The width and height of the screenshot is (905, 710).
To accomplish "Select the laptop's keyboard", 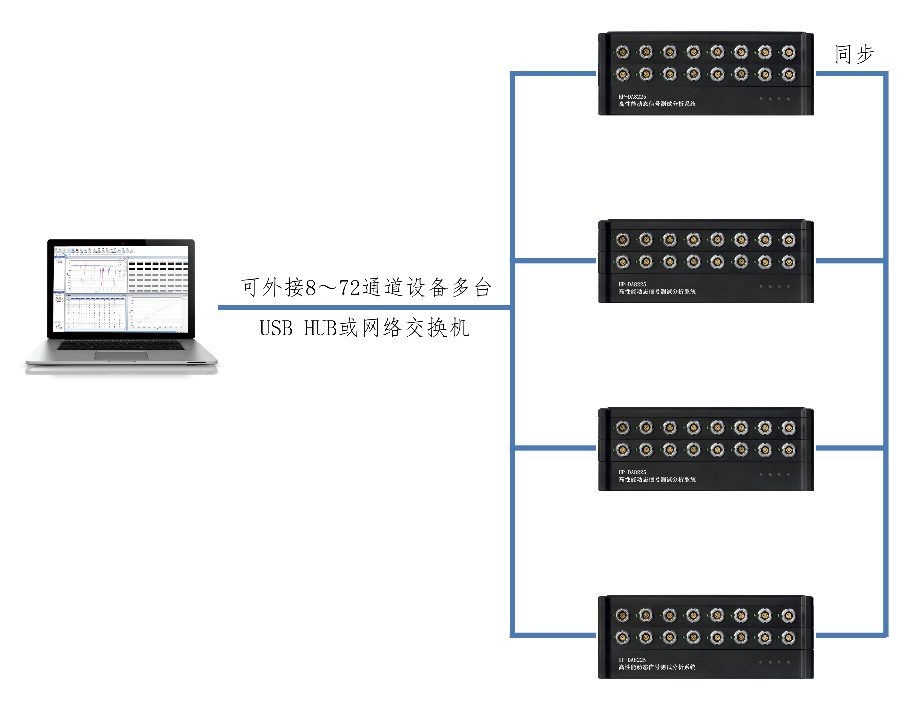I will pos(121,345).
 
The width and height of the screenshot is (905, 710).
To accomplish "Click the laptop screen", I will pos(121,289).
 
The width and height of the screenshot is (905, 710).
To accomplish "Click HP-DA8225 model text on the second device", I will pos(632,284).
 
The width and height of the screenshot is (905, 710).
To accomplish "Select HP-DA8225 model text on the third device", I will pos(632,472).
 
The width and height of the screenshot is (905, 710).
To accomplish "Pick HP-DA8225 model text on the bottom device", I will pos(632,660).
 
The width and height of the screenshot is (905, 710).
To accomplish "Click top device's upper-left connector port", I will pos(622,52).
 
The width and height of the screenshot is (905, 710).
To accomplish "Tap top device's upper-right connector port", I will pos(789,52).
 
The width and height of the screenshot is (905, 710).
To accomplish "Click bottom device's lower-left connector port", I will pos(622,637).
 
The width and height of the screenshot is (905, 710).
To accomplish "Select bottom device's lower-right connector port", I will pos(789,637).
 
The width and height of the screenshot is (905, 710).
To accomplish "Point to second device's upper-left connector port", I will pos(622,240).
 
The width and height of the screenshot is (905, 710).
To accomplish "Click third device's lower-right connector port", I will pos(789,450).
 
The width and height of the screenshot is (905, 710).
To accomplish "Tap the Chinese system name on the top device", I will pos(657,104).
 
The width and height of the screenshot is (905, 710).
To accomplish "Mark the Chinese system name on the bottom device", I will pos(657,667).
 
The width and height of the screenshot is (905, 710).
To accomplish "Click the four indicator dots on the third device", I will pos(774,474).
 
